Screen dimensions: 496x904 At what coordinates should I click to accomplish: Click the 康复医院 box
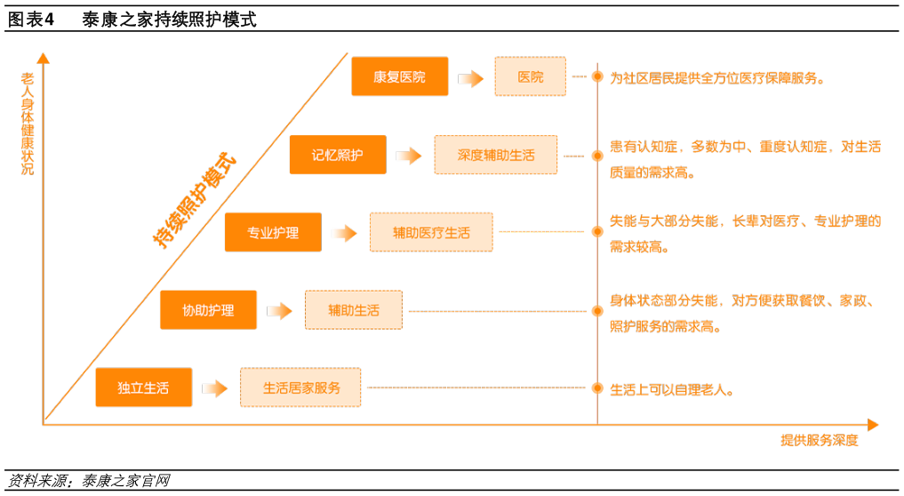click(x=400, y=77)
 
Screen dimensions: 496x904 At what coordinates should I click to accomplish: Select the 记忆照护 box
click(x=338, y=155)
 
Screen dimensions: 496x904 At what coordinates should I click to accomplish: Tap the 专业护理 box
click(x=273, y=233)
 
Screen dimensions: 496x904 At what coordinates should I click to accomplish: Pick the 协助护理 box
click(x=209, y=310)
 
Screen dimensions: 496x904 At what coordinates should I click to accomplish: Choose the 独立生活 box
click(x=143, y=388)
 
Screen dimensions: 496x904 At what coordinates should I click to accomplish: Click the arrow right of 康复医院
click(x=471, y=78)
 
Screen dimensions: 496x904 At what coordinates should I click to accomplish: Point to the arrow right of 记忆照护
click(x=409, y=156)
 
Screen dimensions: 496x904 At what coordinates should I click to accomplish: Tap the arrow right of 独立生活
click(x=215, y=388)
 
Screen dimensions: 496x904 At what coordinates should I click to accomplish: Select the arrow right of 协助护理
click(x=280, y=311)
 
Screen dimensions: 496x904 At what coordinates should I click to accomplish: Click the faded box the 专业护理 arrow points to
click(x=431, y=232)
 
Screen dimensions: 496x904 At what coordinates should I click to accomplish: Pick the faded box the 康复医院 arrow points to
click(x=530, y=76)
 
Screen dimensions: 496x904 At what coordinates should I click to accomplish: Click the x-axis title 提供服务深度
click(x=819, y=441)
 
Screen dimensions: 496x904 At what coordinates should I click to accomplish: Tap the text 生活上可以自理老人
click(x=671, y=388)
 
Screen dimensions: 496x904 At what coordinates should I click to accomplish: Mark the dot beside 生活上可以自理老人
click(x=597, y=388)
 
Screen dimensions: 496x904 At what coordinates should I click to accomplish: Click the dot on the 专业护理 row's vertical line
click(x=597, y=231)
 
